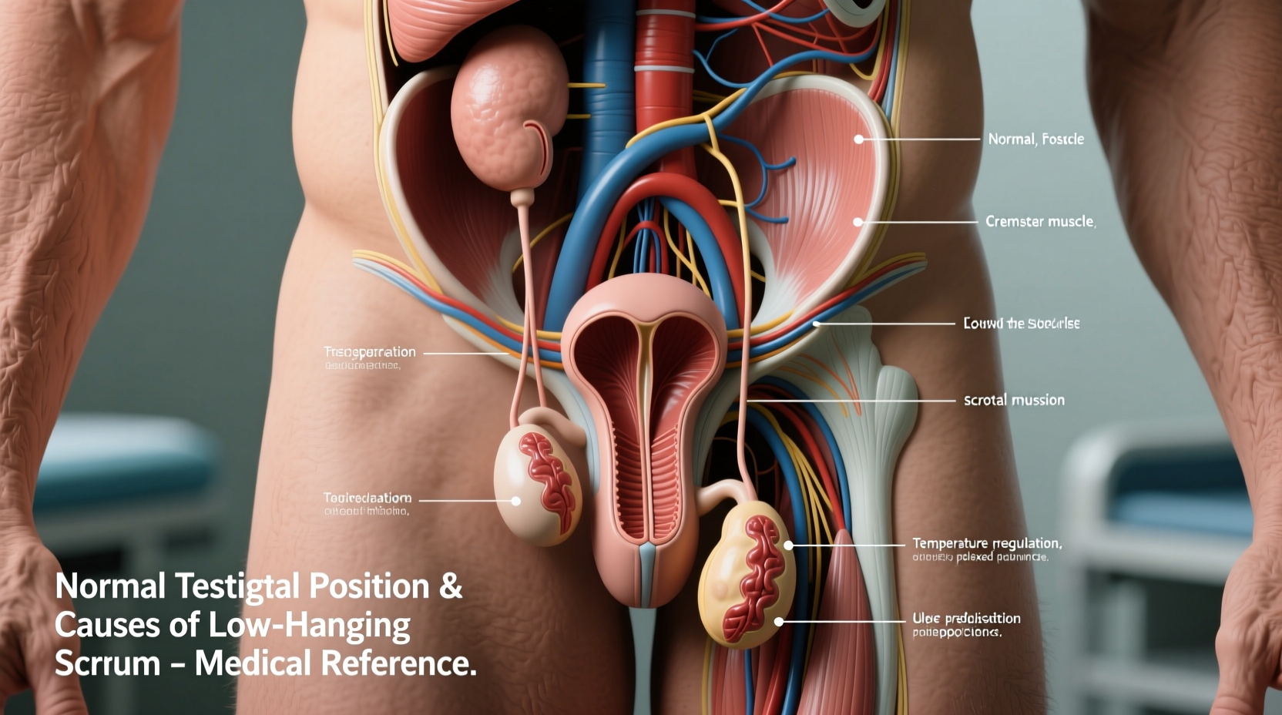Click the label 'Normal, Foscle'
coord(1035,139)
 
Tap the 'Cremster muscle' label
coord(1039,222)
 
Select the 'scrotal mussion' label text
coord(1014,400)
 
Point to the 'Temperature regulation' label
coord(986,543)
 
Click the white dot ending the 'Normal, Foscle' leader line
coord(858,139)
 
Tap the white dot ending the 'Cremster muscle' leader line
coord(857,222)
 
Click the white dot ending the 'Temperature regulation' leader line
coord(788,545)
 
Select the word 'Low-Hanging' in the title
coord(310,626)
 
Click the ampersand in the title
coord(451,587)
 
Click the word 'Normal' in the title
coord(110,587)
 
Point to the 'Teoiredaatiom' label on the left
coord(367,498)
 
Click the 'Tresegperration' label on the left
coord(369,352)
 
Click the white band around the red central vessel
coord(664,69)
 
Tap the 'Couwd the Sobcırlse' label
coord(1021,324)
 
